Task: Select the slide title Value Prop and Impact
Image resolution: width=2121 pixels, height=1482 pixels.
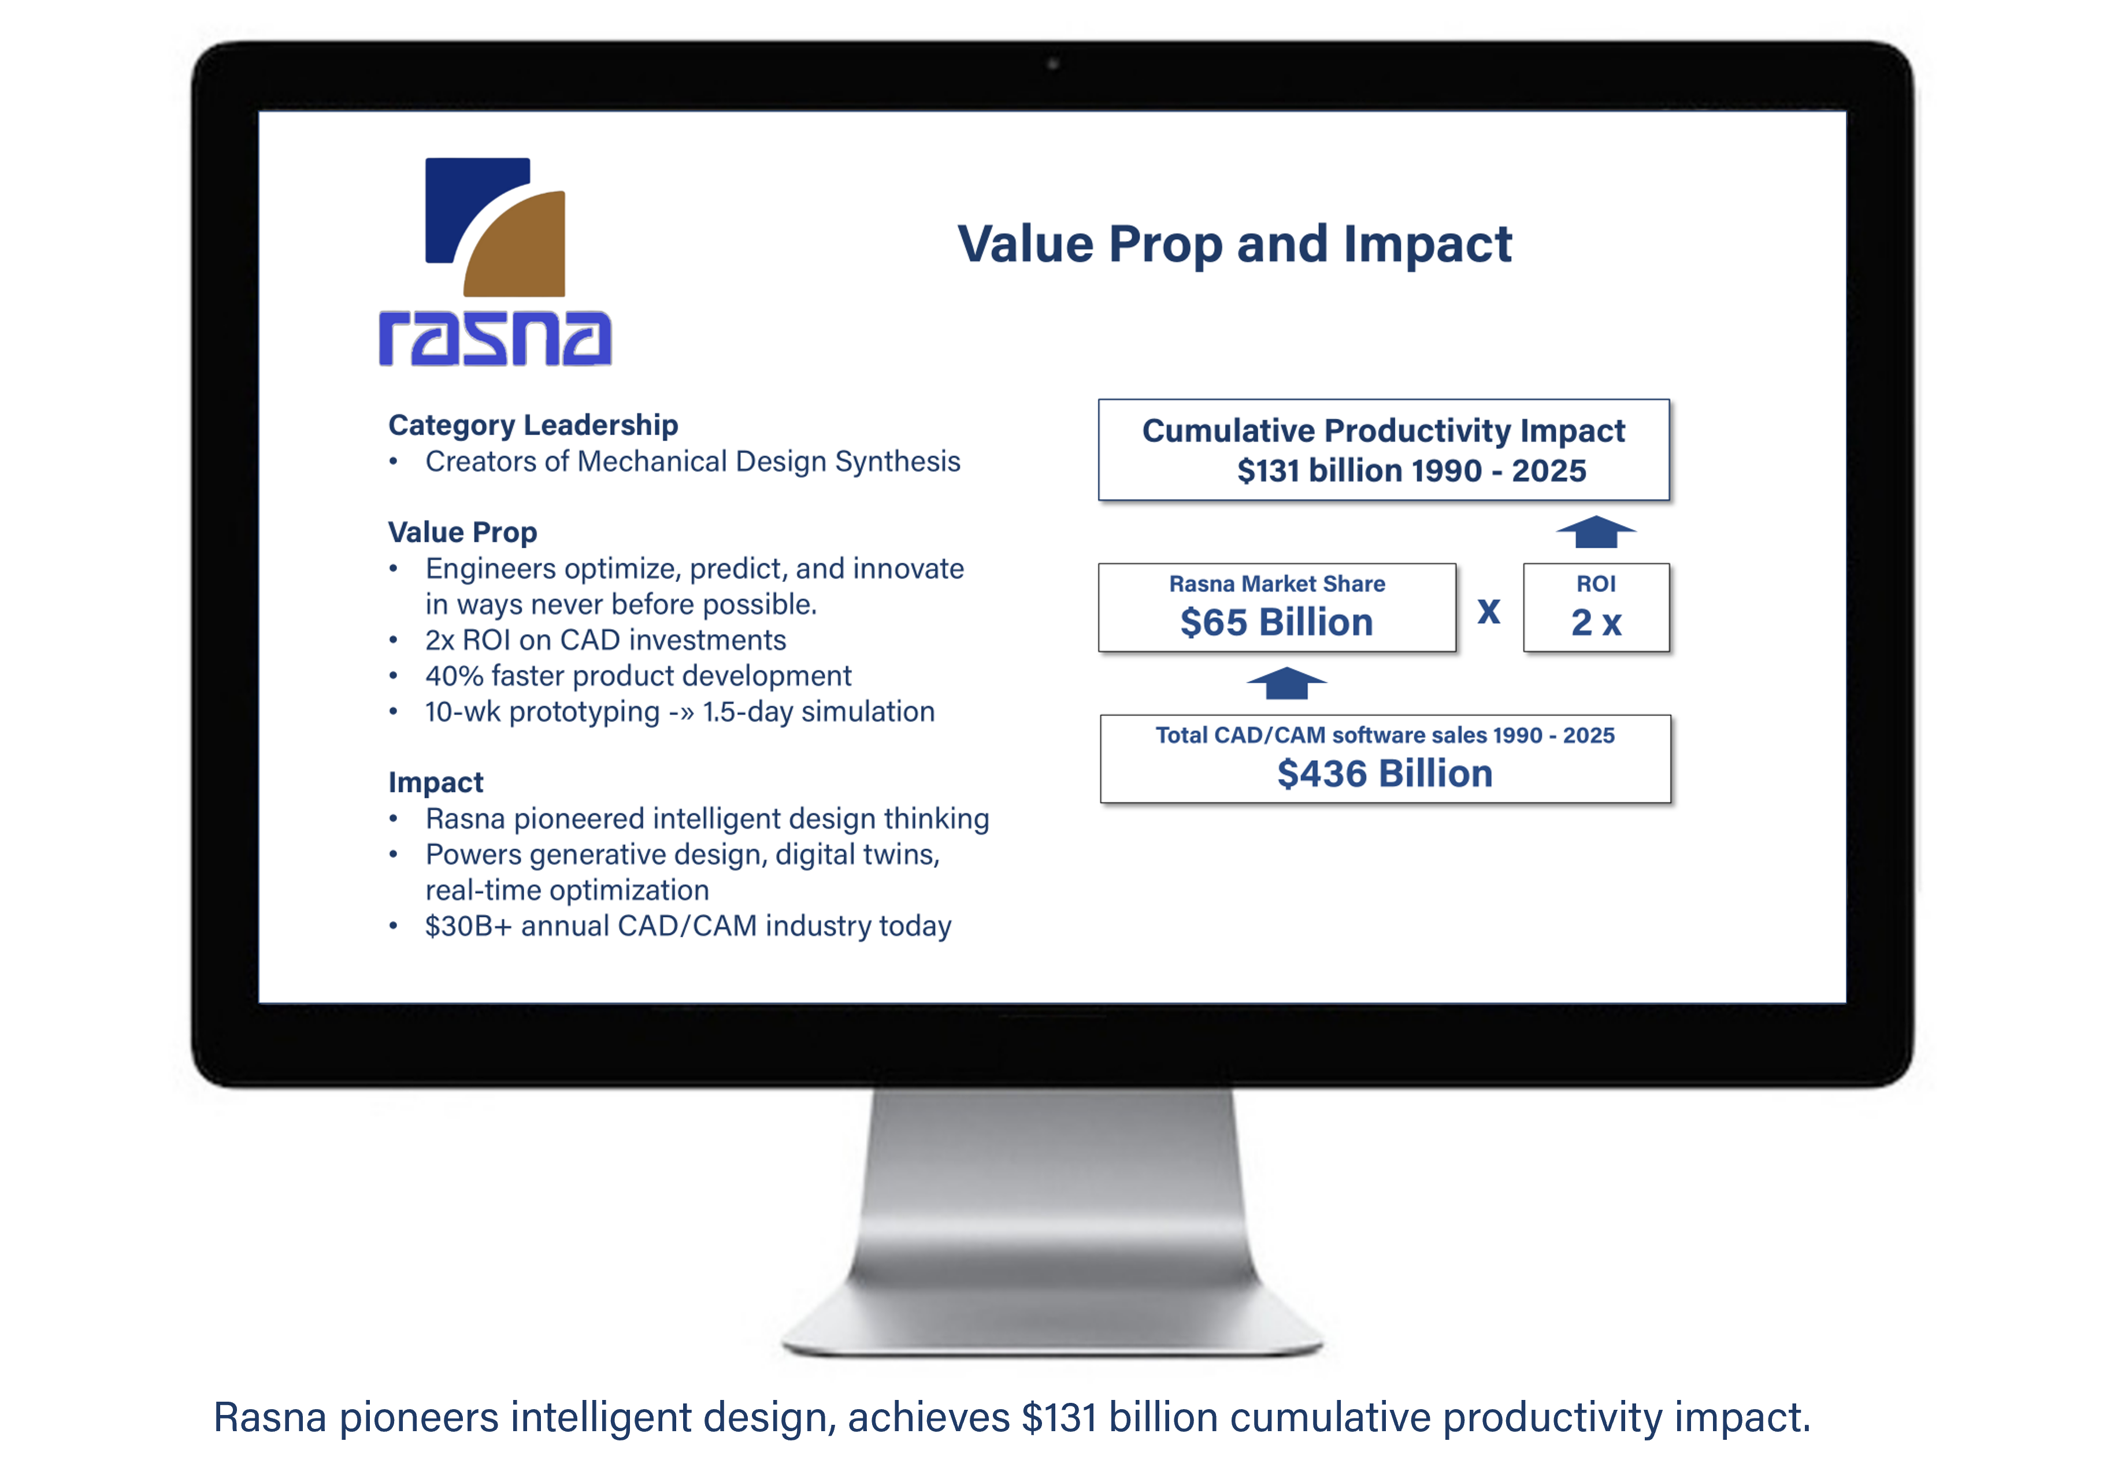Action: pyautogui.click(x=1234, y=246)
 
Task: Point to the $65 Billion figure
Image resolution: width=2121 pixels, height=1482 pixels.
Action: pyautogui.click(x=1277, y=622)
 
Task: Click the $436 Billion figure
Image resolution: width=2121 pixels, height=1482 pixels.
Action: pyautogui.click(x=1385, y=774)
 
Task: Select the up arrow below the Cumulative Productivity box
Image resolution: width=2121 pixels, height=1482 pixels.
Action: pyautogui.click(x=1595, y=532)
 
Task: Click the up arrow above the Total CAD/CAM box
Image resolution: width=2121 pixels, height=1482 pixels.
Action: pyautogui.click(x=1286, y=684)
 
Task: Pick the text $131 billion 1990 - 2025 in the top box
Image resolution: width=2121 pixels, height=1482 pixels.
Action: pyautogui.click(x=1411, y=471)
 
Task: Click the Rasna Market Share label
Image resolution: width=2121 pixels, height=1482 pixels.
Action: pyautogui.click(x=1277, y=584)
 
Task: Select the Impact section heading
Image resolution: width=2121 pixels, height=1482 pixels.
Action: pyautogui.click(x=436, y=783)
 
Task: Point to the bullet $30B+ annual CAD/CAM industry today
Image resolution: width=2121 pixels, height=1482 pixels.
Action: pyautogui.click(x=688, y=926)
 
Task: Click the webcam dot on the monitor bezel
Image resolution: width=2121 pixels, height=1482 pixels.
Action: pyautogui.click(x=1052, y=64)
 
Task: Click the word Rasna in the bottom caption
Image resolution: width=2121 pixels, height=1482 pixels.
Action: pyautogui.click(x=270, y=1417)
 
